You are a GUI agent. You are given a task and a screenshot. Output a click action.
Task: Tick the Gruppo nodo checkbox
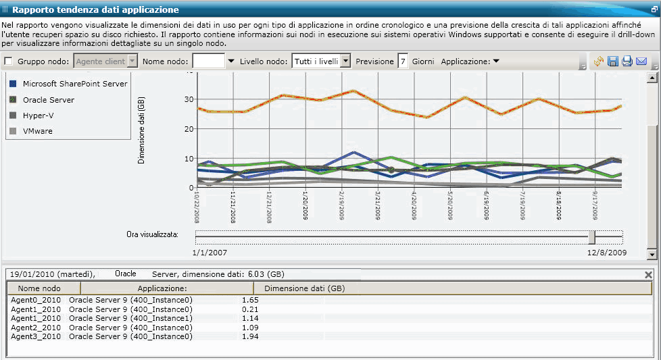click(x=9, y=61)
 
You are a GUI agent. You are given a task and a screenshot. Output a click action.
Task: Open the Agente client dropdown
click(x=132, y=61)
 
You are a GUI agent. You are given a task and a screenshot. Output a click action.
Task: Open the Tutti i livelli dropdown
click(x=345, y=61)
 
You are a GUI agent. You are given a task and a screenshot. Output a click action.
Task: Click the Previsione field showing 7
click(x=403, y=61)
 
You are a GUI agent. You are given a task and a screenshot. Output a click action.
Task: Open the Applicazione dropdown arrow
click(x=495, y=61)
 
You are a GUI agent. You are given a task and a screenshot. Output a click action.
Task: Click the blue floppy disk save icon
click(x=613, y=62)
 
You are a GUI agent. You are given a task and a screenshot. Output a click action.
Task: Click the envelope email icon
click(x=641, y=62)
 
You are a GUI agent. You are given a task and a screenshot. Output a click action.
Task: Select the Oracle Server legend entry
click(x=48, y=100)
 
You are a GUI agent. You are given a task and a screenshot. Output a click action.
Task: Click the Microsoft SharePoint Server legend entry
click(x=74, y=84)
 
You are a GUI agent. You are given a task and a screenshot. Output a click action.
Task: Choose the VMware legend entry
click(x=37, y=131)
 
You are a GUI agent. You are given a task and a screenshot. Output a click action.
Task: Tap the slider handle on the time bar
click(x=592, y=237)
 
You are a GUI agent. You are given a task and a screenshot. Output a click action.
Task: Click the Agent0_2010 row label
click(x=36, y=299)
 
